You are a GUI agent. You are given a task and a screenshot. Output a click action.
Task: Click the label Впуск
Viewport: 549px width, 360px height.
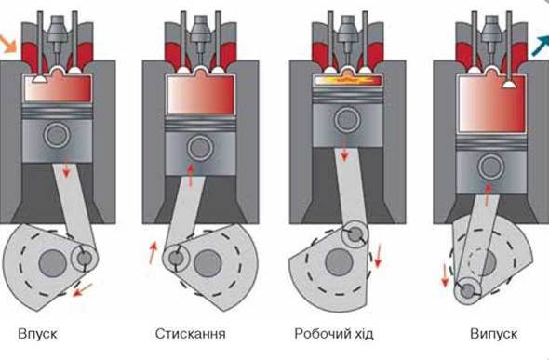[x=37, y=334]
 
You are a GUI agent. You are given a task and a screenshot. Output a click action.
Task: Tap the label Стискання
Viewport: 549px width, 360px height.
[x=191, y=334]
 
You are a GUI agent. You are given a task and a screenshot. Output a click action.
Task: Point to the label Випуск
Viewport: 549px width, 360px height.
[x=494, y=334]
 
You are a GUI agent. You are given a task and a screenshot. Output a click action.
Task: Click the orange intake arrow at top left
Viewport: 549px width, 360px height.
[x=7, y=44]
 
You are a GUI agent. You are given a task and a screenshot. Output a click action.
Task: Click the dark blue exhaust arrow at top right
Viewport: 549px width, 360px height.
[x=540, y=46]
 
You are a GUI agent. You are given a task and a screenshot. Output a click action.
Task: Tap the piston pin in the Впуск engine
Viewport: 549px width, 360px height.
[x=57, y=135]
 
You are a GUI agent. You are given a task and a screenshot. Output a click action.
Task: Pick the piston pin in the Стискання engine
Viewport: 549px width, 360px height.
[x=200, y=148]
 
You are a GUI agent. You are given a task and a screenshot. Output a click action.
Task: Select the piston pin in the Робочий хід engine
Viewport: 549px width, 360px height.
[x=347, y=120]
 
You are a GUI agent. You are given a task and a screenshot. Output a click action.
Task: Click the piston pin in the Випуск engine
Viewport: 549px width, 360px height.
[x=491, y=167]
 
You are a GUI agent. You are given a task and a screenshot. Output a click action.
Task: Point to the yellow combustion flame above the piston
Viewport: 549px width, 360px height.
[x=347, y=81]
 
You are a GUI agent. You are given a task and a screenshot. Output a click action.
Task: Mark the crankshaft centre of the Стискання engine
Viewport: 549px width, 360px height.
[x=208, y=263]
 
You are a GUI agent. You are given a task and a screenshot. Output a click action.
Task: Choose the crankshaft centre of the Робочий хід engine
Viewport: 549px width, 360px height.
[x=339, y=262]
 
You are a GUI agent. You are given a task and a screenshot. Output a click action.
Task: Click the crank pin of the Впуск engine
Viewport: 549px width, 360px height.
[x=84, y=259]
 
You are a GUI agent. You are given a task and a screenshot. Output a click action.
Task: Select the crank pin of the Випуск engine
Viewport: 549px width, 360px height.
[x=467, y=291]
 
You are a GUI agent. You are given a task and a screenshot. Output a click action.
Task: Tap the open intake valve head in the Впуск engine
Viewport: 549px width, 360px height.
[x=41, y=79]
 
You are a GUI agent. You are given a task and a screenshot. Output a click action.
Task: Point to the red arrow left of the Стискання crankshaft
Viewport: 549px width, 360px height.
[x=153, y=252]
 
